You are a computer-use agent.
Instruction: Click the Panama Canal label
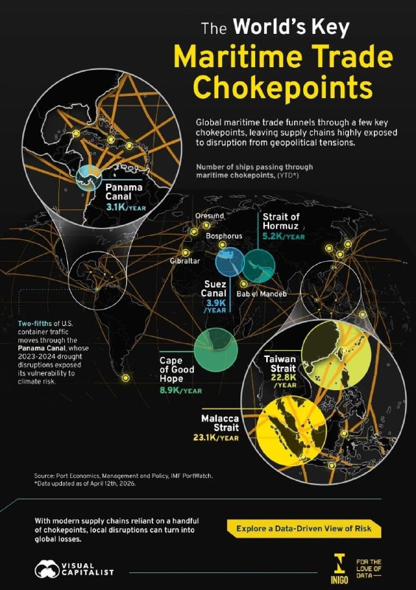tap(124, 192)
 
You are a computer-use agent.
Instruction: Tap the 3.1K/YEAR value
tap(125, 207)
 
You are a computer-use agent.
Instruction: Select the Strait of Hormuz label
tap(281, 221)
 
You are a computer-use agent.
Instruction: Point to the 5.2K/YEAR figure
tap(283, 236)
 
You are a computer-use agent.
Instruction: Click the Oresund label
tap(209, 216)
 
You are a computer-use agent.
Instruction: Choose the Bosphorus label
tap(224, 236)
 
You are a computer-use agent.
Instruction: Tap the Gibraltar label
tap(185, 261)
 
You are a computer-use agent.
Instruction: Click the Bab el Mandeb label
tap(261, 294)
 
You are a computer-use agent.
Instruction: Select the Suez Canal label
tap(214, 288)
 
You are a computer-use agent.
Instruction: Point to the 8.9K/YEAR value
tap(181, 390)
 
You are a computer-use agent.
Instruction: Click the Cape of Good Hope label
tap(176, 369)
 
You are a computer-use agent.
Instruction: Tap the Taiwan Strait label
tap(280, 364)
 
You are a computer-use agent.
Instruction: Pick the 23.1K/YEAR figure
tap(215, 437)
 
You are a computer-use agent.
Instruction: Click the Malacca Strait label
tap(221, 423)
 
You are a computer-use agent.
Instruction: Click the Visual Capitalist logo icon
tap(46, 569)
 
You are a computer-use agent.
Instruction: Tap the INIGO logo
tap(339, 569)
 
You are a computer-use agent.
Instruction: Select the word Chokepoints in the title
tap(282, 87)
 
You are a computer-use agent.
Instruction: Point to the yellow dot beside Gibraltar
tap(185, 253)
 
